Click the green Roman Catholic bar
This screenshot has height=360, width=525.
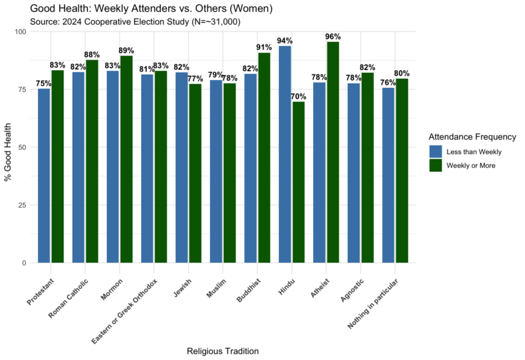click(x=92, y=161)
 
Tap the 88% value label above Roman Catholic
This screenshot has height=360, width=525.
click(x=92, y=54)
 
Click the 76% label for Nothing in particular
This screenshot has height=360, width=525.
click(x=388, y=82)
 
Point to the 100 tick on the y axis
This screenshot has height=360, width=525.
click(x=20, y=31)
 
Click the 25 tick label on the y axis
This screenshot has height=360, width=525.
click(x=22, y=205)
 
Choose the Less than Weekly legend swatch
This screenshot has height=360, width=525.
click(x=436, y=151)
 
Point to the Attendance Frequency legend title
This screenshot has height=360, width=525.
click(x=472, y=136)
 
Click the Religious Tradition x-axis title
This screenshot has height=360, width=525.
click(x=222, y=351)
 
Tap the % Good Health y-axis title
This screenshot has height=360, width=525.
click(x=9, y=148)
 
